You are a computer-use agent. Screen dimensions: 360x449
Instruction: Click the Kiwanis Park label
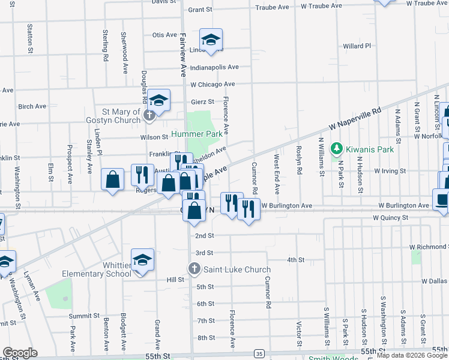(369, 149)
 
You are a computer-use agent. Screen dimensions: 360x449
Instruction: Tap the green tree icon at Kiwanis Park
(337, 148)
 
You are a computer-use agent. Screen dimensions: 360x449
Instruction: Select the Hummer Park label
(196, 134)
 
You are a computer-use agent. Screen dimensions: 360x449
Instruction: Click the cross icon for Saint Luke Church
(194, 269)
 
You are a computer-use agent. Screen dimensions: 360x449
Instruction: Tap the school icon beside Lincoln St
(211, 40)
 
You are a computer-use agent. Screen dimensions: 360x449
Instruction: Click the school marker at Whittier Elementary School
(142, 260)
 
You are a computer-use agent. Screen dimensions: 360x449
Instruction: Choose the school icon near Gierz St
(159, 100)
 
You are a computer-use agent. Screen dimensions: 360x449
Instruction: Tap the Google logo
(20, 352)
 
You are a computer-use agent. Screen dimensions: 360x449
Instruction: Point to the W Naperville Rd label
(355, 119)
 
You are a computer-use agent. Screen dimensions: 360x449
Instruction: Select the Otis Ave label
(164, 35)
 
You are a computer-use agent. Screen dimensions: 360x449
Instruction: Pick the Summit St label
(83, 316)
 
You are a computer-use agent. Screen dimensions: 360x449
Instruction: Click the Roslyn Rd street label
(298, 160)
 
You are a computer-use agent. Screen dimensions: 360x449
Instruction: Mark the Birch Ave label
(32, 106)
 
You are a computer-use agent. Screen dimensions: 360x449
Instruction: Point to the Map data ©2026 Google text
(412, 355)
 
